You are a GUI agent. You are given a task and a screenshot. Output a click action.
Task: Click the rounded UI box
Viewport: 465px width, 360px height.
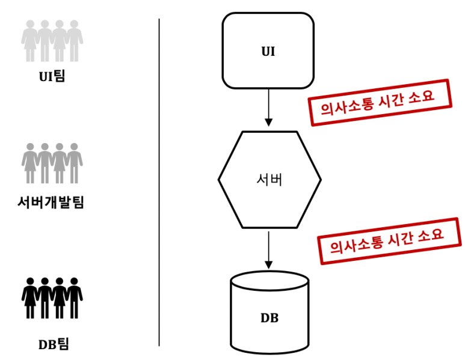[x=268, y=51]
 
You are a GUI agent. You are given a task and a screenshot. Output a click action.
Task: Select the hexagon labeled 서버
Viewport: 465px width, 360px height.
[x=269, y=180]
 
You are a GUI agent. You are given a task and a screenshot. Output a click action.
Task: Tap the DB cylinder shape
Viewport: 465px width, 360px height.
[x=269, y=316]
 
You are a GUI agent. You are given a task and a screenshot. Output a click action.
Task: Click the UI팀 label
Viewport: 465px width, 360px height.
[x=51, y=76]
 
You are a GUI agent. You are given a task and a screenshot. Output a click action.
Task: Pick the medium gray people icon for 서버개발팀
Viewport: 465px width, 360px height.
[x=52, y=163]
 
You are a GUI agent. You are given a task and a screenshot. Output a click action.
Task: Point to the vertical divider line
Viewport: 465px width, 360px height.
[x=159, y=180]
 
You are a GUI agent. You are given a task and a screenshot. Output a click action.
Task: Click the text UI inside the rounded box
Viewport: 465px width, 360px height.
[x=268, y=51]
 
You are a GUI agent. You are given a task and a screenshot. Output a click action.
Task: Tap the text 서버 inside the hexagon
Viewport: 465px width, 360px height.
[x=269, y=180]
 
